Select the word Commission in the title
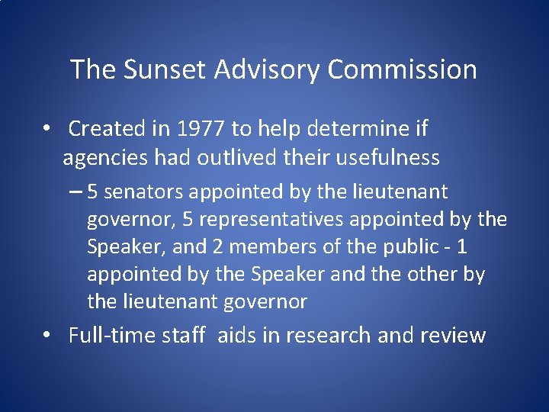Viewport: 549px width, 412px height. click(402, 70)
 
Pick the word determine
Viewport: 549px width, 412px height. click(348, 129)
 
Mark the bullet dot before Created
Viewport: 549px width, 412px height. click(47, 129)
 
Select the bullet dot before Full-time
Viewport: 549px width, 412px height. click(47, 336)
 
